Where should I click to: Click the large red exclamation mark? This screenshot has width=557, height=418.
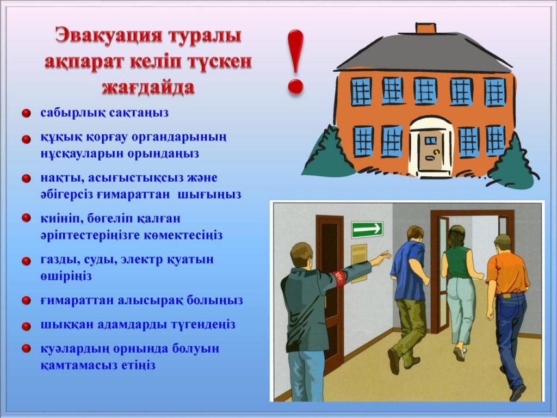(x=295, y=61)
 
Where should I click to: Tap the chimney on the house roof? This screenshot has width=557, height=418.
(x=425, y=28)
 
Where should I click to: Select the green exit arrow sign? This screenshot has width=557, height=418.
(x=367, y=229)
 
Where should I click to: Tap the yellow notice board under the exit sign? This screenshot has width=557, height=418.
(x=359, y=263)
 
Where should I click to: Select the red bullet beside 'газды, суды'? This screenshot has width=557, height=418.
(x=26, y=261)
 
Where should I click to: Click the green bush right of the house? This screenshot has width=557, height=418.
(x=514, y=162)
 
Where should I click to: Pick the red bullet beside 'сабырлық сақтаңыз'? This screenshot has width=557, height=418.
(x=26, y=113)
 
